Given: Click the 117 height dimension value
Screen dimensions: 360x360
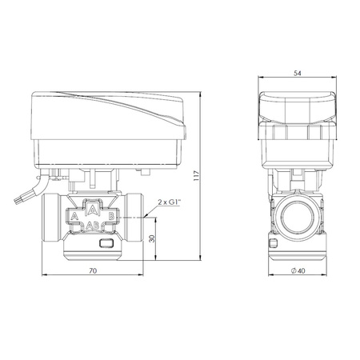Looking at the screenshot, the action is pyautogui.click(x=197, y=176).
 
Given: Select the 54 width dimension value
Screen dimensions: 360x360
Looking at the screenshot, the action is pyautogui.click(x=298, y=73).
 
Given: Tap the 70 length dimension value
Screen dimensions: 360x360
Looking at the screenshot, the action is pyautogui.click(x=93, y=270).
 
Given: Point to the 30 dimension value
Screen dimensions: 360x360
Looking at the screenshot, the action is pyautogui.click(x=152, y=238).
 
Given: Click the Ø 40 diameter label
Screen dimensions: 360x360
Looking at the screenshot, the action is pyautogui.click(x=298, y=270).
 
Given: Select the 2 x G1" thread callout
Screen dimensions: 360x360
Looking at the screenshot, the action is pyautogui.click(x=170, y=202).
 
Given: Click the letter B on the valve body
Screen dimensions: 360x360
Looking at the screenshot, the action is pyautogui.click(x=111, y=216).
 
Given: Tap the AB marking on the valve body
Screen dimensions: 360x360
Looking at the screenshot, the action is pyautogui.click(x=93, y=226).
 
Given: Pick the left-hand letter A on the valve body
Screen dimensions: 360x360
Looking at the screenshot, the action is pyautogui.click(x=75, y=216).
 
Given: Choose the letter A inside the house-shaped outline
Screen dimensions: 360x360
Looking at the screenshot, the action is pyautogui.click(x=93, y=210).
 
